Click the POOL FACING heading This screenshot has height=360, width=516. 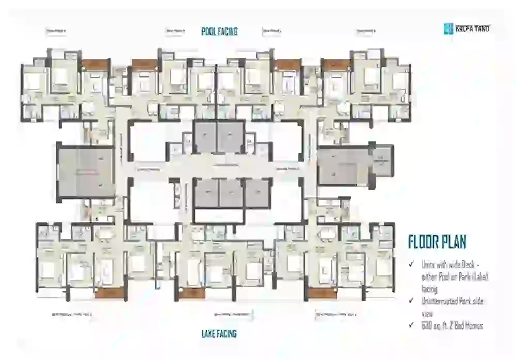[219, 31]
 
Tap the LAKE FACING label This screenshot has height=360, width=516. [219, 334]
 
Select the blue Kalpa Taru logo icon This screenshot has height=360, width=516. [448, 28]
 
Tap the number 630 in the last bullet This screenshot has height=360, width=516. [427, 325]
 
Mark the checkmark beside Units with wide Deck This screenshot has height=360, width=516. [411, 264]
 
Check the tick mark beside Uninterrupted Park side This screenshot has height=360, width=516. [411, 301]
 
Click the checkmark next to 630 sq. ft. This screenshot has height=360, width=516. [411, 325]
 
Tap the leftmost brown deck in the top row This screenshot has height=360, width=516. [95, 65]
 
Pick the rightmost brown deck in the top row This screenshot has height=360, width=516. [336, 65]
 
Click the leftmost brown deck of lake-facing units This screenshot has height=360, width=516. [110, 293]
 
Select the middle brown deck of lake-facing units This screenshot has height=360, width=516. [191, 293]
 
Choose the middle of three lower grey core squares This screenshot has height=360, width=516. [231, 193]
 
